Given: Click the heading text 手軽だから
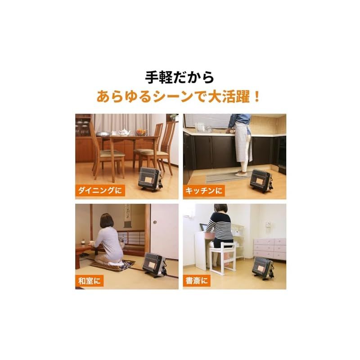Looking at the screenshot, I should tap(180, 77).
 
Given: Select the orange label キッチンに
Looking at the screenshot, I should tap(204, 191).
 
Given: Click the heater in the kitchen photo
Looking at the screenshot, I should tap(261, 180).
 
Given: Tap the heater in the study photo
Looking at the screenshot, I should tap(263, 268).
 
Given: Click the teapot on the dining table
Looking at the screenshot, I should tap(124, 132).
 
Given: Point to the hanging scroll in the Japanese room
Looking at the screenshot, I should tap(128, 213).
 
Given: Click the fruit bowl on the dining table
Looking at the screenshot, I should tap(141, 132).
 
